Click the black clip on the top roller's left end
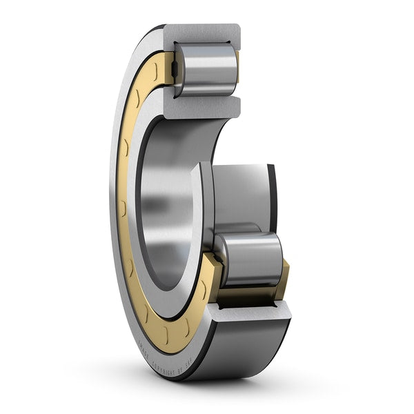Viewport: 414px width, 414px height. point(177,69)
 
